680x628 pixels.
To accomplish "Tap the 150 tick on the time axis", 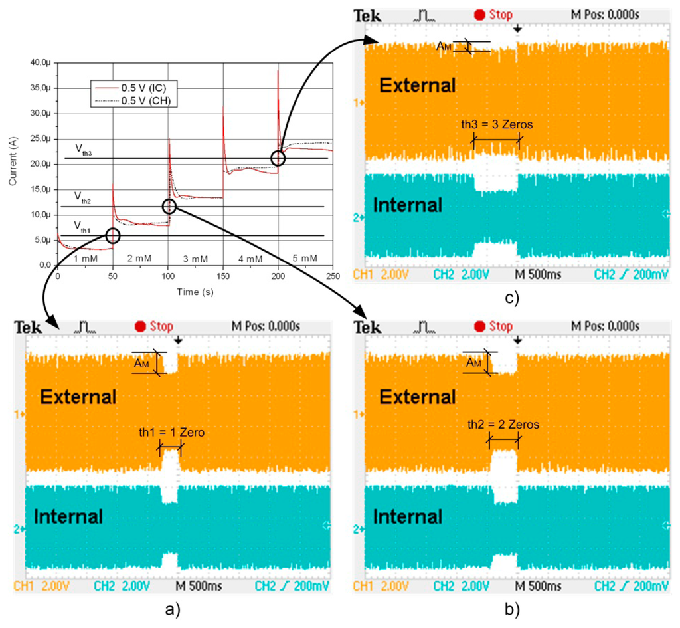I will [223, 276].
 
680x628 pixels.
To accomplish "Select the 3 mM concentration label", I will [195, 259].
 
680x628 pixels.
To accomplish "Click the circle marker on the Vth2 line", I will [169, 207].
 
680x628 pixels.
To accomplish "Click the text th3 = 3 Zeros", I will [497, 124].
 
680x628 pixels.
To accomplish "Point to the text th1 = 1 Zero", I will [171, 432].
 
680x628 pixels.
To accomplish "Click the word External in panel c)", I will [418, 85].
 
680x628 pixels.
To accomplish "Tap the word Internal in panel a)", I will [68, 516].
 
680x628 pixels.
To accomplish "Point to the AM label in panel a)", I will [141, 364].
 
